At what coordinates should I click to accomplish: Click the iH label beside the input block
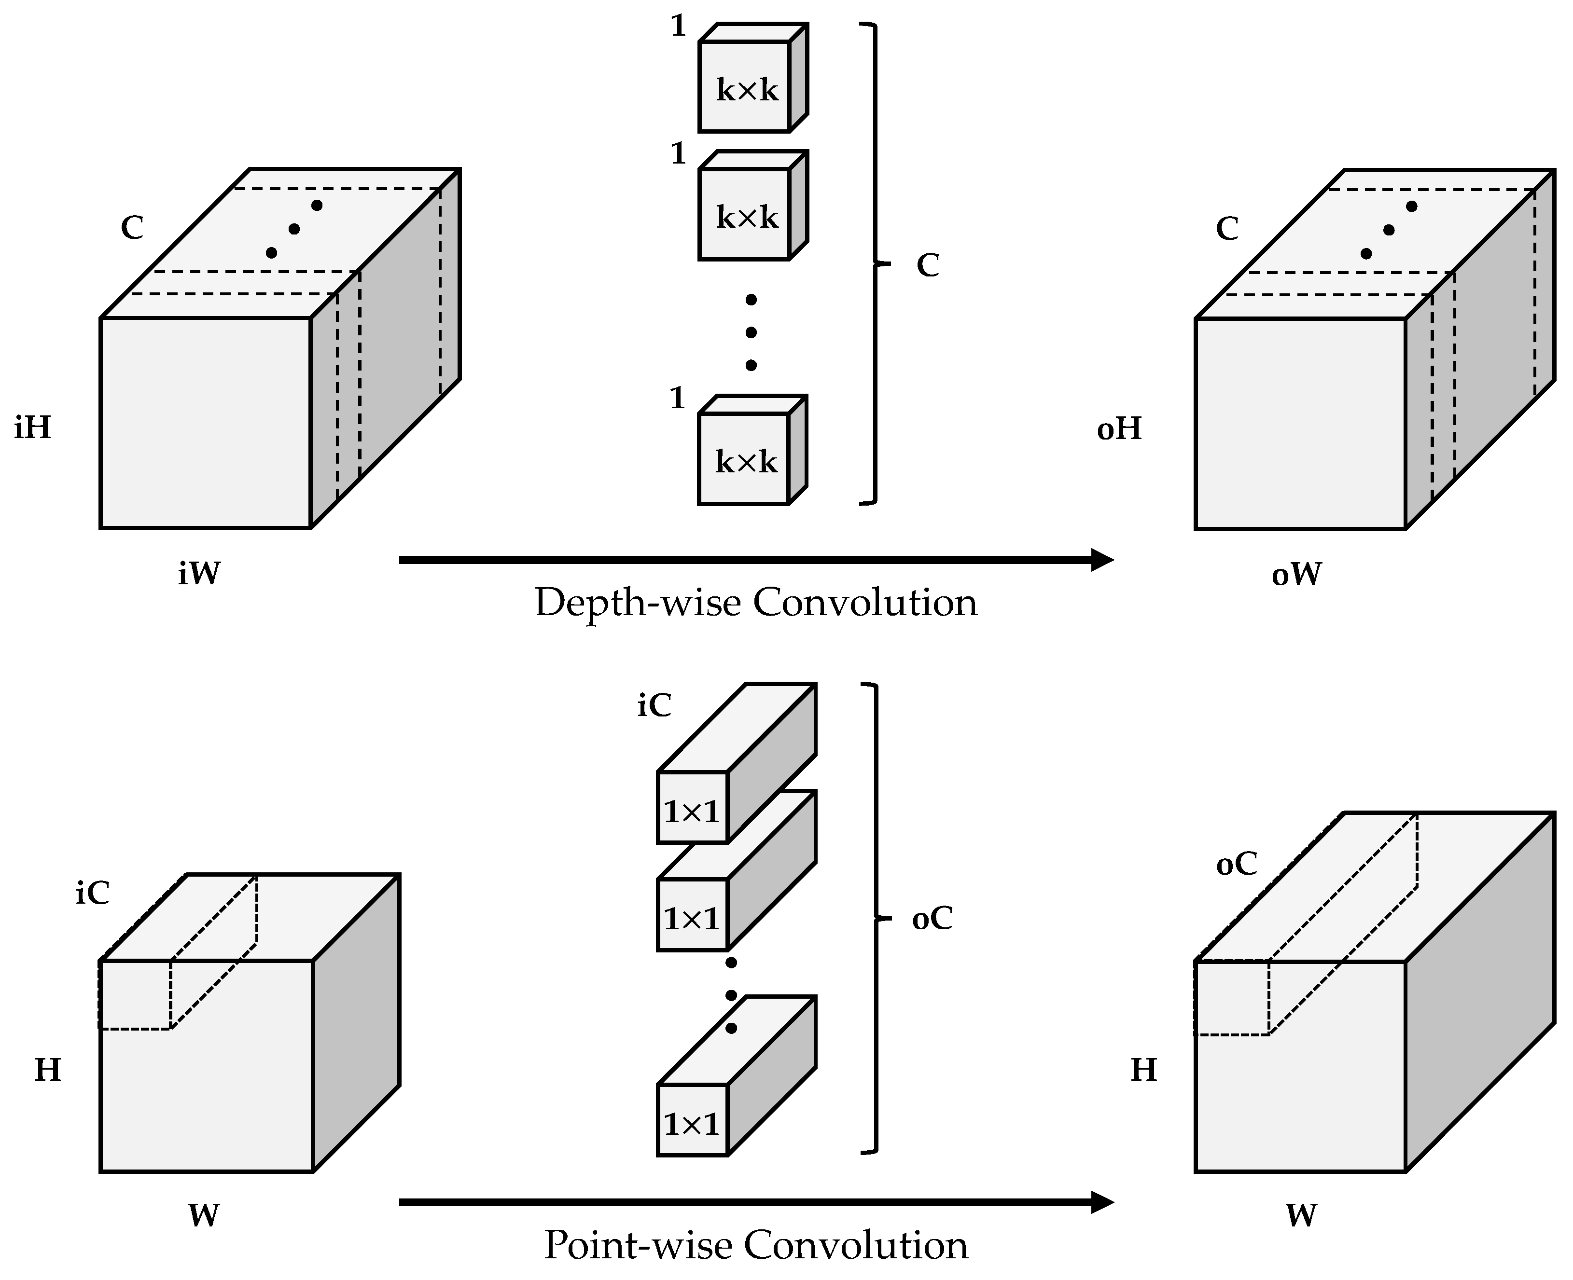(32, 427)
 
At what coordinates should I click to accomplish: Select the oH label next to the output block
(1119, 428)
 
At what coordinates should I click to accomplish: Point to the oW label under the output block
(1296, 574)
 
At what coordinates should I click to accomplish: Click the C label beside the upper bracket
(928, 265)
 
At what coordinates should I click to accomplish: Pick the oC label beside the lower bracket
(932, 919)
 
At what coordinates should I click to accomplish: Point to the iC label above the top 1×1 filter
(654, 706)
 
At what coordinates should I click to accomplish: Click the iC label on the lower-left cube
(92, 893)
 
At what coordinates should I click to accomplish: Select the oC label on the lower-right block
(1236, 864)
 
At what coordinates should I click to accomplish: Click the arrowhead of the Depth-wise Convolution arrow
(1102, 560)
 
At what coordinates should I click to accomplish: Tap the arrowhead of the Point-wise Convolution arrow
(1102, 1203)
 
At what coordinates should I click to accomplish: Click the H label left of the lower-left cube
(48, 1069)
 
